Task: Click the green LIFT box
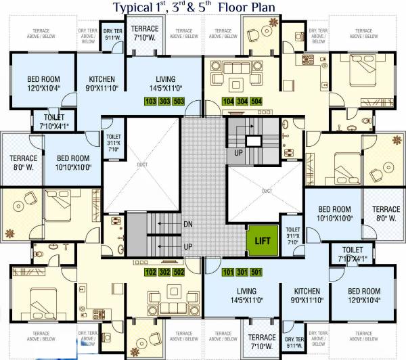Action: click(261, 240)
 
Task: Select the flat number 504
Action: click(255, 102)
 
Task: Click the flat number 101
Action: click(228, 273)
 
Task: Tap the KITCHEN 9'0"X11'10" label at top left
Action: click(101, 83)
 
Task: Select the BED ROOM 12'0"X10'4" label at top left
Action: click(35, 83)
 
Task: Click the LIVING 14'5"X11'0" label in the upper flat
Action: click(165, 83)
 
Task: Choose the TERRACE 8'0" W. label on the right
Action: click(386, 214)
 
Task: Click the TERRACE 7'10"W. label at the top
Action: click(144, 32)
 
